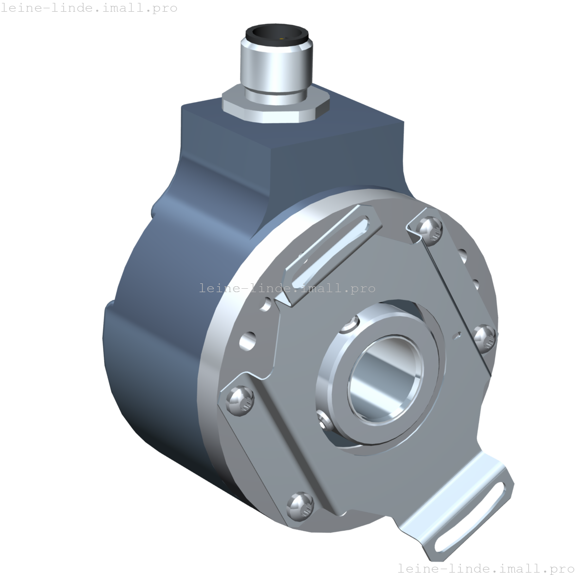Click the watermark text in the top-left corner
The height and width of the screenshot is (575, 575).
[x=89, y=8]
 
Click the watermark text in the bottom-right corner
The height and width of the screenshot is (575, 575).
[x=485, y=568]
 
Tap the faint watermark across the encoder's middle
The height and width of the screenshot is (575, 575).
[x=287, y=288]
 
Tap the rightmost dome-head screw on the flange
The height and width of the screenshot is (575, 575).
[x=485, y=335]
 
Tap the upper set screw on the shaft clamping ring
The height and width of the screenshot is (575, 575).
[x=349, y=325]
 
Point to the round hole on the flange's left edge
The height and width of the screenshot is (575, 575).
[x=248, y=340]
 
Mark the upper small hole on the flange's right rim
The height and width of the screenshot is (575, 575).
[x=463, y=255]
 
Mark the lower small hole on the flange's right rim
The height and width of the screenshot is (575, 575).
[x=476, y=282]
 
